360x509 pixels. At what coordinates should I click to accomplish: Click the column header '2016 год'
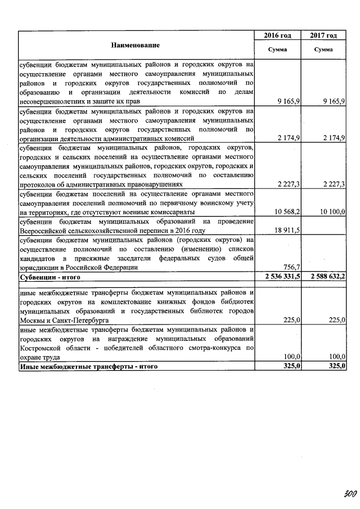[x=277, y=35]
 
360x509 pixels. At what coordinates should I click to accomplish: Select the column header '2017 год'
[x=323, y=35]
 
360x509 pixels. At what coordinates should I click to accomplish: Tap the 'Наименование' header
[x=135, y=44]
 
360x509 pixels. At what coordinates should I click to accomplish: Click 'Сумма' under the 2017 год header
[x=323, y=50]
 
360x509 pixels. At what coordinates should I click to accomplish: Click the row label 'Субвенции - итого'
[x=50, y=277]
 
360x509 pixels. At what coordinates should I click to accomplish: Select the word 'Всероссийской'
[x=44, y=230]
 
